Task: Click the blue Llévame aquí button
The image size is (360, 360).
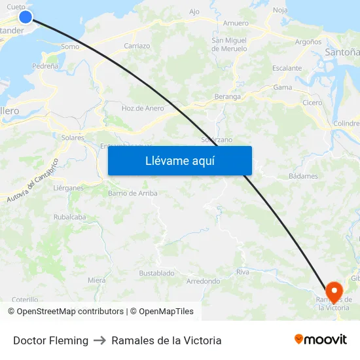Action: click(x=179, y=160)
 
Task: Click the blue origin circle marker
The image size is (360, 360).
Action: click(x=26, y=17)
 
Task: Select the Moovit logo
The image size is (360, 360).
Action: click(x=320, y=340)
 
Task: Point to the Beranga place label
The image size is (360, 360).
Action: click(x=228, y=96)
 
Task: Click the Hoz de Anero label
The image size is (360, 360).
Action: click(x=143, y=109)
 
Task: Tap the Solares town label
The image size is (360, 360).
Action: click(x=73, y=138)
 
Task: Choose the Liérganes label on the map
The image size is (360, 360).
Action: click(x=67, y=188)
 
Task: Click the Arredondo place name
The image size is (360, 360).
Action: click(x=203, y=281)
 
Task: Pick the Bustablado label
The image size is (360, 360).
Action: click(x=156, y=273)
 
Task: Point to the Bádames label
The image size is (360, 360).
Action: click(x=303, y=176)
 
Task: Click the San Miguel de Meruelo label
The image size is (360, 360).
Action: click(x=229, y=45)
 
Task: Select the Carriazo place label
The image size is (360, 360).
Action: click(x=137, y=46)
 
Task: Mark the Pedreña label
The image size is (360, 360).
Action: click(x=45, y=66)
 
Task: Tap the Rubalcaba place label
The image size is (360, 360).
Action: click(x=69, y=217)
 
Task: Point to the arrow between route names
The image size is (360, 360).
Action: click(x=100, y=340)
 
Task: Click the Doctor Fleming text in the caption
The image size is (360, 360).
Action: click(x=50, y=340)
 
